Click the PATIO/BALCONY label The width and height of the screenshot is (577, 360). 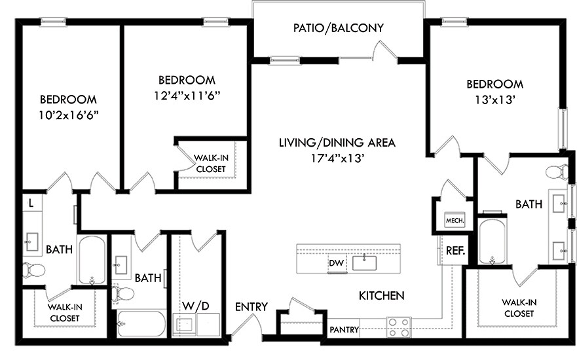tap(338, 28)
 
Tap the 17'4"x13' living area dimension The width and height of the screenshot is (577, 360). tap(337, 158)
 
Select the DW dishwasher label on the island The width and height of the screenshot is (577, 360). tap(337, 263)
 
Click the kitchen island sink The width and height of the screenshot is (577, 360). tap(364, 262)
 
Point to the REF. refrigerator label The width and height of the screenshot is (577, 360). tap(456, 251)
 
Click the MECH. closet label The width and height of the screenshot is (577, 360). tap(455, 221)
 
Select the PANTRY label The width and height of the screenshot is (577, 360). tap(344, 329)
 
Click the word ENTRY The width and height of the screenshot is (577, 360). tap(251, 306)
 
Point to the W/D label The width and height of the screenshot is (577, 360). tap(196, 306)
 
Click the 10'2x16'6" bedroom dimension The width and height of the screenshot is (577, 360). tap(69, 116)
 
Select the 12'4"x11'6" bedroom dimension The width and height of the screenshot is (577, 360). tap(187, 96)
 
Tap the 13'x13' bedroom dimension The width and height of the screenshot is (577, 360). tap(494, 100)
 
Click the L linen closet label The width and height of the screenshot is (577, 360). tap(31, 203)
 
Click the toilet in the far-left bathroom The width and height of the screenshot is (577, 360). tap(33, 270)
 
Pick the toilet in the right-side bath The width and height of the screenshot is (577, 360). tap(557, 172)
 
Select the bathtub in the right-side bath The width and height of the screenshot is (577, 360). tap(492, 242)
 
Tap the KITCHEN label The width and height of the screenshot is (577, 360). tap(382, 295)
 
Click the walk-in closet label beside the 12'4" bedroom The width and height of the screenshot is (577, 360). tap(211, 164)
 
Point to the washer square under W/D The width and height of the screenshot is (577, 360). tap(184, 325)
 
